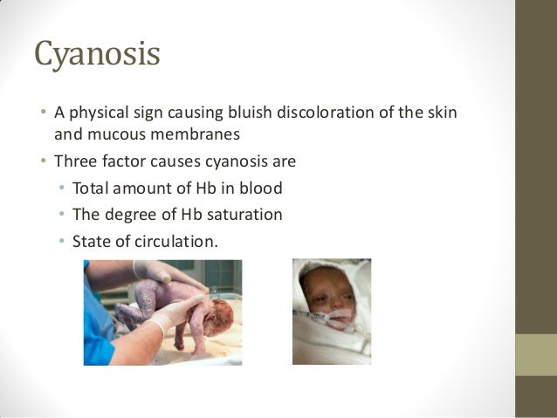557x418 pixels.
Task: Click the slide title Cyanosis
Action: [x=97, y=55]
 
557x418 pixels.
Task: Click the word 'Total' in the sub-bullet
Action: [x=93, y=188]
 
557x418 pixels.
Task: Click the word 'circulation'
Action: [x=171, y=240]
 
